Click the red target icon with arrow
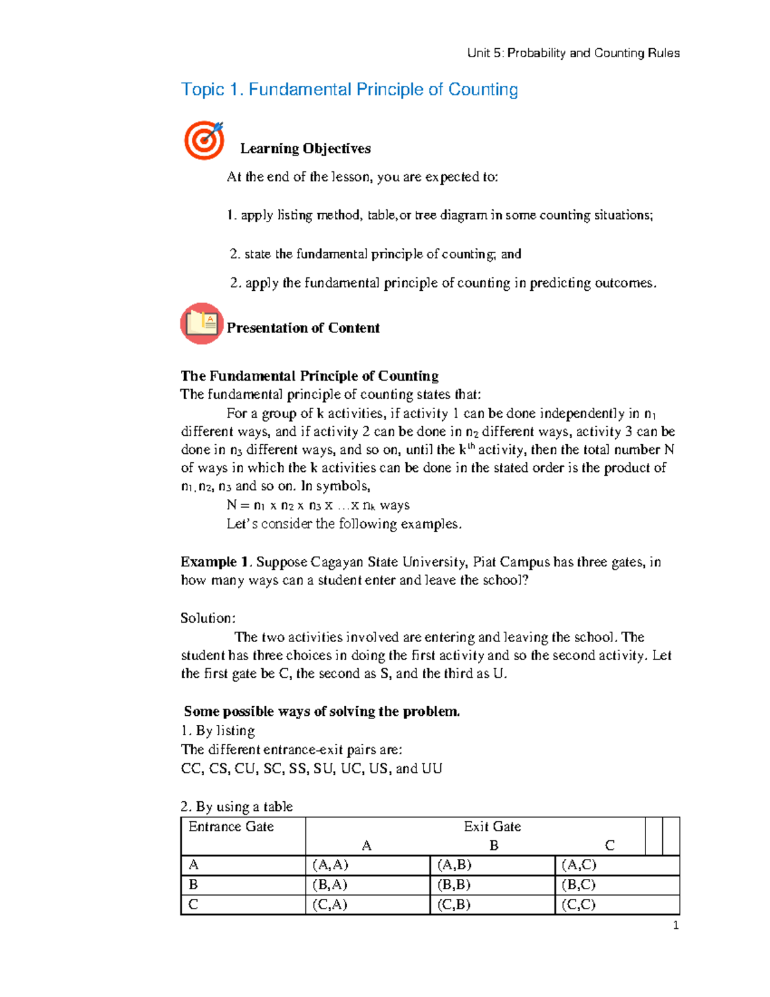pos(204,140)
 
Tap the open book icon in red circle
pos(201,324)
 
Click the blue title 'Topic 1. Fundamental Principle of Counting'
pos(349,89)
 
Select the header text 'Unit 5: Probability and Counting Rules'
pos(573,53)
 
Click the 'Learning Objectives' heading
pos(305,148)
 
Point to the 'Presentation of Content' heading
pos(303,328)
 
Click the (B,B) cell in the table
pos(454,885)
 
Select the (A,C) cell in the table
pos(579,865)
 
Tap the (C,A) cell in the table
pos(329,905)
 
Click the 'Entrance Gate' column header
pos(231,827)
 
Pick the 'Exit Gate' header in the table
pos(492,827)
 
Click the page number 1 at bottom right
pos(676,925)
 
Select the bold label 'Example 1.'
pos(216,562)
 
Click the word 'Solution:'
pos(208,618)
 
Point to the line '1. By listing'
pos(218,731)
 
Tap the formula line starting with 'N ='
pos(318,505)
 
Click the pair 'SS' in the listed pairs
pos(297,768)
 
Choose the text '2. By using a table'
pos(237,806)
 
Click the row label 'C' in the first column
pos(193,905)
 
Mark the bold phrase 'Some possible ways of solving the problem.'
pos(321,711)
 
